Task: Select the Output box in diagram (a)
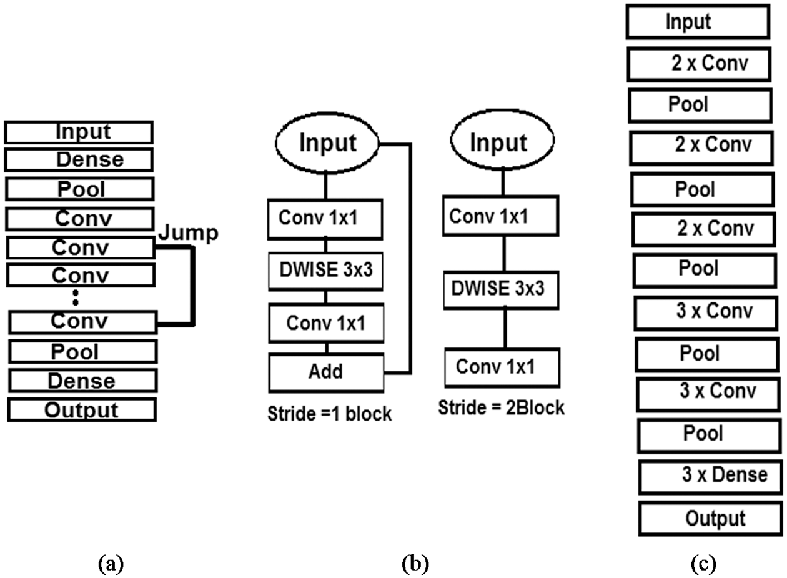click(82, 410)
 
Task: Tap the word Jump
click(188, 233)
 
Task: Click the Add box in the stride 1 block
click(326, 372)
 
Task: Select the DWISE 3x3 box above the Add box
click(326, 271)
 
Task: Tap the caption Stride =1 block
click(329, 414)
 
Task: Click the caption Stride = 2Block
click(501, 408)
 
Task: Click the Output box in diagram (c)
click(711, 519)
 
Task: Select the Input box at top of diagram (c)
click(697, 23)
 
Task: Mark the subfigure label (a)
click(111, 564)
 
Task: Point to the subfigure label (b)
click(415, 564)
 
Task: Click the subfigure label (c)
click(703, 564)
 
